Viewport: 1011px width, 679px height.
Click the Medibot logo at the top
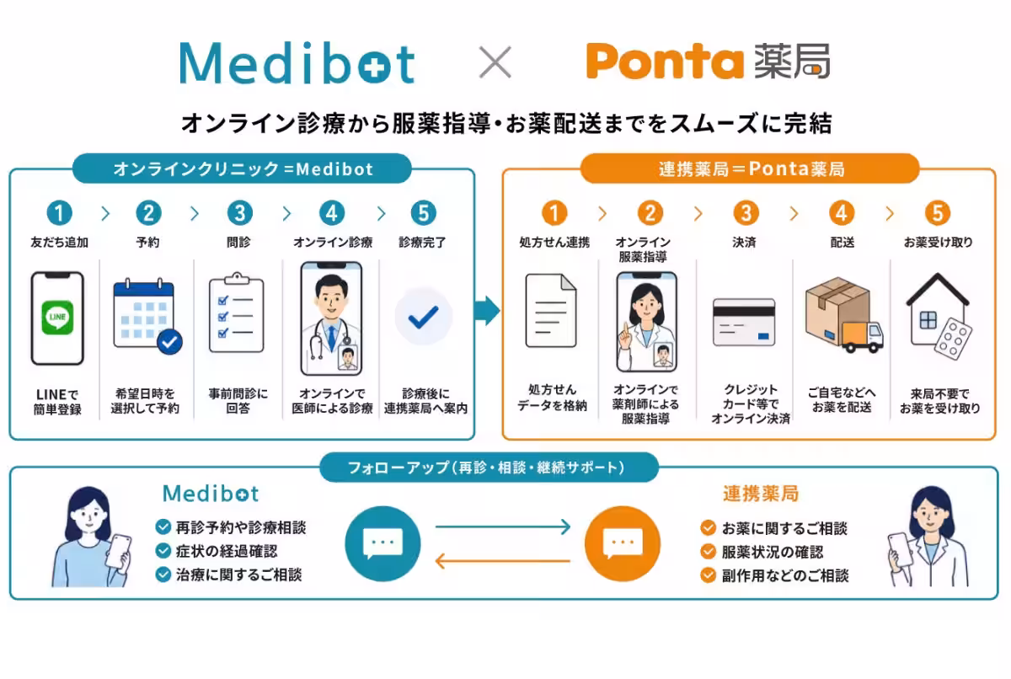click(x=297, y=62)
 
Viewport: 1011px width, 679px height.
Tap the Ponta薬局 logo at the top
click(x=708, y=61)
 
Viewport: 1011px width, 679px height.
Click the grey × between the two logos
click(x=495, y=61)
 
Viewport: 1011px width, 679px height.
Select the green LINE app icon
click(x=57, y=318)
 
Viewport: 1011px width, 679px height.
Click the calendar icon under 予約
click(x=147, y=316)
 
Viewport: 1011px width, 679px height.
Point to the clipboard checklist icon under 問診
click(x=237, y=313)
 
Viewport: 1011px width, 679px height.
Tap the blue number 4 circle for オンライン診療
click(x=332, y=213)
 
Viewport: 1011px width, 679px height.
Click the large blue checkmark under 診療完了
click(x=423, y=317)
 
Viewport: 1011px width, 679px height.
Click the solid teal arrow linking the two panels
click(x=487, y=310)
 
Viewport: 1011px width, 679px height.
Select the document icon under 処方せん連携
click(x=551, y=310)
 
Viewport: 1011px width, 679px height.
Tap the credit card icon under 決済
click(x=744, y=322)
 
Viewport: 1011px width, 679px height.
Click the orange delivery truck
click(x=862, y=337)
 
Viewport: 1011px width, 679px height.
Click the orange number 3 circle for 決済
click(x=746, y=213)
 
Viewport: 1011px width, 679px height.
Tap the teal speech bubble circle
click(x=382, y=543)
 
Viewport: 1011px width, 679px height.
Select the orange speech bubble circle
click(x=623, y=543)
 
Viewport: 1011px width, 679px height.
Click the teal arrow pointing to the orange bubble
click(x=503, y=527)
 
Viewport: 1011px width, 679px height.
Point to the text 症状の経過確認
click(x=227, y=551)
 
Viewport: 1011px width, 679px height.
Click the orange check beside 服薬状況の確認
click(x=709, y=551)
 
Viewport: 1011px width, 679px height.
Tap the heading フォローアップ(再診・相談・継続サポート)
click(x=487, y=468)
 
